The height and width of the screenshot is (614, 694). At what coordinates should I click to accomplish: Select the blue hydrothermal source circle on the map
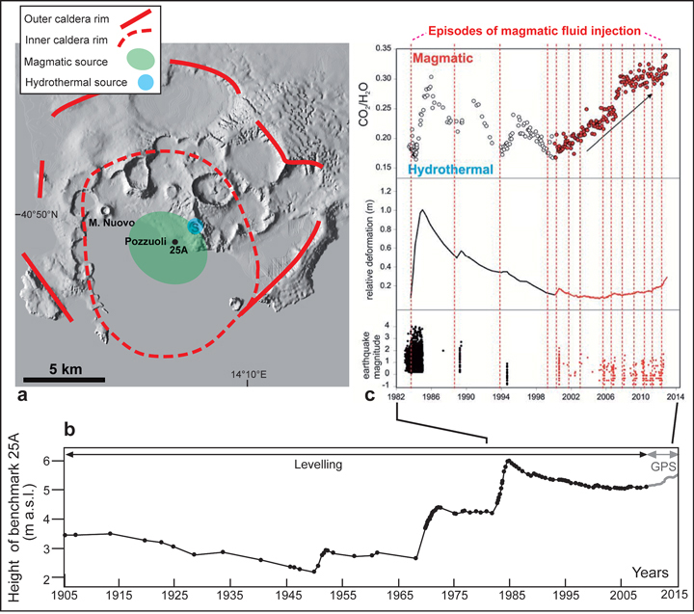pyautogui.click(x=195, y=227)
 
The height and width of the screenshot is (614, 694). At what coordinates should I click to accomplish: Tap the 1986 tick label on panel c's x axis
pyautogui.click(x=429, y=396)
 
